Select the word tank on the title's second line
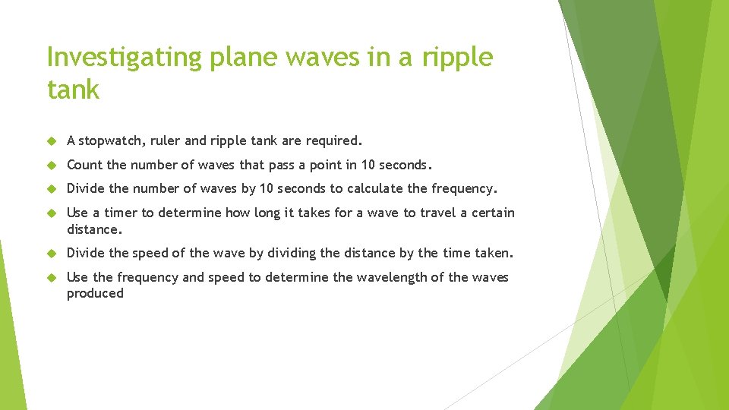(x=73, y=90)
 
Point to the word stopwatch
(x=109, y=140)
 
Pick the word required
(x=333, y=140)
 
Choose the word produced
(x=95, y=293)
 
